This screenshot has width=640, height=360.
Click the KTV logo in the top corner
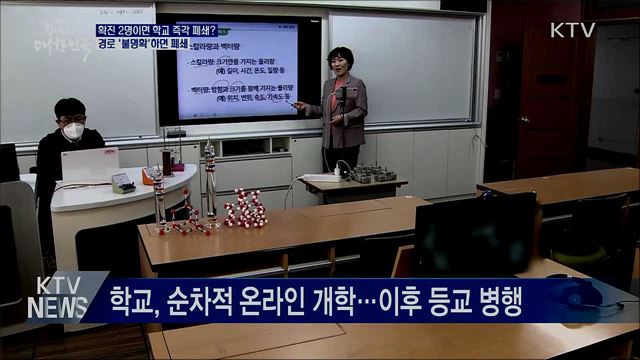572,30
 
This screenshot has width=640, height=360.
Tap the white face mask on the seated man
72,131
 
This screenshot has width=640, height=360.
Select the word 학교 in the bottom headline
133,299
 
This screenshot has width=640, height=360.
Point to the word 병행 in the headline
491,299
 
